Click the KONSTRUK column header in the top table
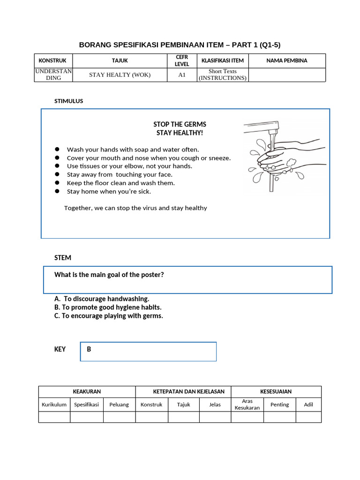pos(53,60)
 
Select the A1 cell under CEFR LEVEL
pos(182,75)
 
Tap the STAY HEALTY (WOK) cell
pos(120,75)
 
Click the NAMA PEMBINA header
pos(286,60)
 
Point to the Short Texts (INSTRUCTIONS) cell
pos(222,75)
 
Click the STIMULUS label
pos(69,101)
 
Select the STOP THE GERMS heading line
pos(180,124)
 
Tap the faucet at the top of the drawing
pos(262,126)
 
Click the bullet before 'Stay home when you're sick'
pos(57,191)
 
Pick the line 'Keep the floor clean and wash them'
pos(120,183)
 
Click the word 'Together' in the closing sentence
pos(78,208)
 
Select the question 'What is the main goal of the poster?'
pos(109,275)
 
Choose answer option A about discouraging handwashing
pos(102,299)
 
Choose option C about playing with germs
pos(109,315)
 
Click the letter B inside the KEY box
pos(89,349)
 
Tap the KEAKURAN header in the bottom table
pos(87,391)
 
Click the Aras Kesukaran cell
pos(247,405)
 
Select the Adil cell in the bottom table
pos(308,405)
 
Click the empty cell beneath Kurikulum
pos(54,417)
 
